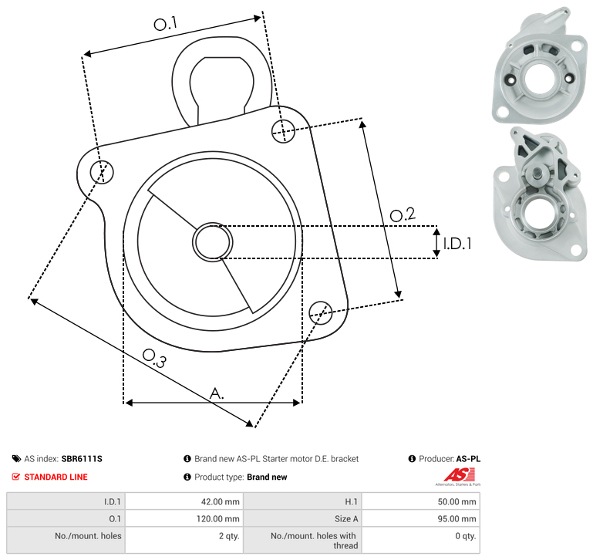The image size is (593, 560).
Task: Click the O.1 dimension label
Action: (165, 23)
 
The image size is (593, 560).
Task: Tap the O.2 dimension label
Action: (403, 214)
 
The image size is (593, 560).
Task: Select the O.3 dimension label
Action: (154, 358)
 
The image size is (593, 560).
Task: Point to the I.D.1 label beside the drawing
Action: (457, 244)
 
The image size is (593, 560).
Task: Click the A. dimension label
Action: (217, 393)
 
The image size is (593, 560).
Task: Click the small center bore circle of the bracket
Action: (213, 242)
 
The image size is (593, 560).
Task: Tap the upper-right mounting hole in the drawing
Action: (283, 131)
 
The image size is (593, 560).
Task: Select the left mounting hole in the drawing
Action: (102, 172)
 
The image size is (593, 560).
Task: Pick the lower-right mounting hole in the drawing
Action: (321, 313)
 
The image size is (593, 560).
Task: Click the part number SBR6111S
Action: (82, 459)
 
